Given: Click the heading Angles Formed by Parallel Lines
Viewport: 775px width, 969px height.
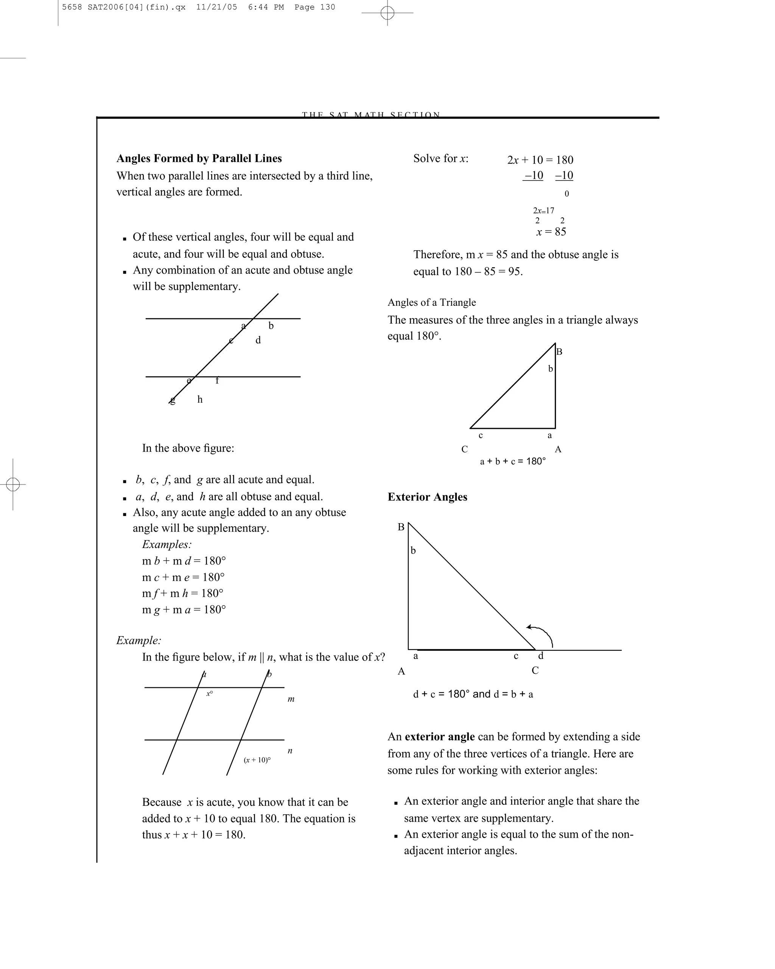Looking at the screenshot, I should (x=199, y=159).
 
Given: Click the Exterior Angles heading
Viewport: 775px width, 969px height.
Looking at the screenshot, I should (x=427, y=497).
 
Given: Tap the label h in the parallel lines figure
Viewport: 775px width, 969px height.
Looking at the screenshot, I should (x=200, y=400).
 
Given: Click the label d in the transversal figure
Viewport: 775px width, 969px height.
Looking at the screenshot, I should (x=258, y=340).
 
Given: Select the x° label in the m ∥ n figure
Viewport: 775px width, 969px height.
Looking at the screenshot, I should (x=209, y=693).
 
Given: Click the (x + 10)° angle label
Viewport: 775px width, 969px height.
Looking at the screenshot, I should (x=257, y=760).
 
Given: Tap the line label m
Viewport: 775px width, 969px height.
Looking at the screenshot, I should (x=291, y=699).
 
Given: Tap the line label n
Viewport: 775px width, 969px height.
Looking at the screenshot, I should (x=290, y=751).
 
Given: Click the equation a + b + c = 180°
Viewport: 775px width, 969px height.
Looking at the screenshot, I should (x=513, y=461).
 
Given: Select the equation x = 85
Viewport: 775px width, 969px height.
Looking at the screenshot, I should (x=551, y=232).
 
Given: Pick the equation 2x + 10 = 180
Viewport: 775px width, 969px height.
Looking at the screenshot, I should (x=540, y=160).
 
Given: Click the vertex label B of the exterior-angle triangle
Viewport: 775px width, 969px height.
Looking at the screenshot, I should (x=401, y=527).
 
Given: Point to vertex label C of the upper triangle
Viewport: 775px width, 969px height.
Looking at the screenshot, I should (x=465, y=449).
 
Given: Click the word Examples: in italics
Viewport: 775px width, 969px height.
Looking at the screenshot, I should (x=167, y=544).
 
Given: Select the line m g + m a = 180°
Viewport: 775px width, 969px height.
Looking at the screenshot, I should (x=184, y=609).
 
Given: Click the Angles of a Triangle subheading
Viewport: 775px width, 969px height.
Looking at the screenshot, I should (x=431, y=302).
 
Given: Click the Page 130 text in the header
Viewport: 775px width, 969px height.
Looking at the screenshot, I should (x=314, y=7).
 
